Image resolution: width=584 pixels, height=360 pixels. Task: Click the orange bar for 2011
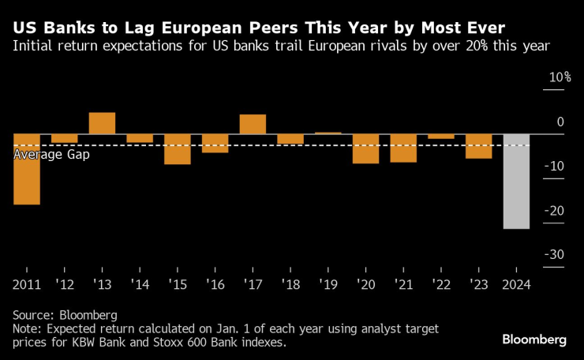click(x=27, y=169)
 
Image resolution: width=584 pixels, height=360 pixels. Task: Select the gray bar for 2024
click(x=516, y=182)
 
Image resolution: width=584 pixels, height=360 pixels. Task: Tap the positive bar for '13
click(x=102, y=123)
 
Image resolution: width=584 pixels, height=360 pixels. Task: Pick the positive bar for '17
click(x=253, y=125)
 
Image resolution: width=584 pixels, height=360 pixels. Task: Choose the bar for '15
click(x=178, y=149)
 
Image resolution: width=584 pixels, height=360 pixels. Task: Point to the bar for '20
click(x=365, y=148)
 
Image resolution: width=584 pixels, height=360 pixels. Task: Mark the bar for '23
click(x=478, y=146)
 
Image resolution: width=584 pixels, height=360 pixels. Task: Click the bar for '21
click(x=403, y=148)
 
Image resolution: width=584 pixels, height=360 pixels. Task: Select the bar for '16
click(x=215, y=143)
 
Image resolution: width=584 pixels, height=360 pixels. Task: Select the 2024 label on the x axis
click(x=516, y=283)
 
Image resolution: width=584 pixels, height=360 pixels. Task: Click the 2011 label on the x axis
click(x=27, y=283)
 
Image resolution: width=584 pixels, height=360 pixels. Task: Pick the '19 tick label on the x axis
click(x=328, y=283)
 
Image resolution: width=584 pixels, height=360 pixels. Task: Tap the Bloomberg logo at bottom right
click(x=534, y=339)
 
